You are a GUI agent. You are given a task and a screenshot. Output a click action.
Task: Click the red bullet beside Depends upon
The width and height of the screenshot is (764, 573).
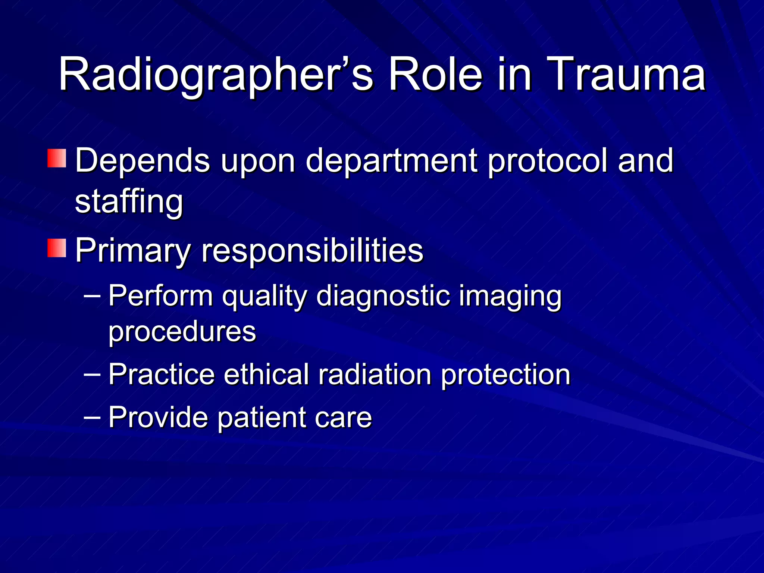click(57, 158)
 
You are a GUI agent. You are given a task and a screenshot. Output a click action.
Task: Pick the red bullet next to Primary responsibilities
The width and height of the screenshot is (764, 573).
click(57, 248)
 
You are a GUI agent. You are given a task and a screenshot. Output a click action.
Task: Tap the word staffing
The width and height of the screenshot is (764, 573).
click(129, 202)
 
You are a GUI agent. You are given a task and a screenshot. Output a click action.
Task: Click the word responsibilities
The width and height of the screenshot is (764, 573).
click(313, 251)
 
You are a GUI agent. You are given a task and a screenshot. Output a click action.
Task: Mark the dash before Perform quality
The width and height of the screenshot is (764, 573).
click(92, 296)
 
